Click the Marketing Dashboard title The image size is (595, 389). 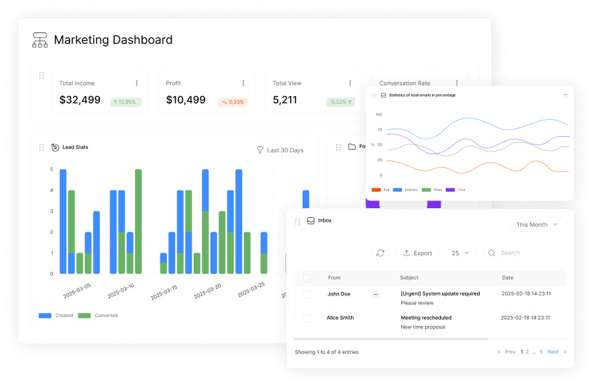click(x=113, y=39)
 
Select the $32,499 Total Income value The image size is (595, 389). click(x=80, y=100)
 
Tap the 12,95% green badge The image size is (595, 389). click(x=125, y=102)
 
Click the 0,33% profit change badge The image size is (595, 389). click(x=233, y=102)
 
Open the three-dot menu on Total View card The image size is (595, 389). click(x=350, y=83)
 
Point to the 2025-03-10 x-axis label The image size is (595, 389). click(x=120, y=290)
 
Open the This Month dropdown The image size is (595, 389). click(x=537, y=225)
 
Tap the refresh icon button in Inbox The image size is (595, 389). click(x=380, y=253)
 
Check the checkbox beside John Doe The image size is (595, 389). click(x=307, y=294)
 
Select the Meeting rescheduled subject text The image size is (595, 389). click(x=426, y=318)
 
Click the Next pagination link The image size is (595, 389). click(x=553, y=352)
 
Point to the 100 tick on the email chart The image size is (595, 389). click(x=378, y=115)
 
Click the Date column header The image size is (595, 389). click(x=507, y=278)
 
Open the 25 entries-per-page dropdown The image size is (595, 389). click(x=461, y=253)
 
